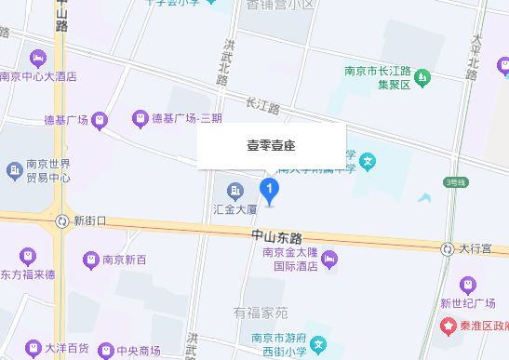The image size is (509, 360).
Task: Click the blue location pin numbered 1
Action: [270, 191]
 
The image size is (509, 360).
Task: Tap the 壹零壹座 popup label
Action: [270, 146]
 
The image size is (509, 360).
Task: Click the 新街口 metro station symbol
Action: [61, 220]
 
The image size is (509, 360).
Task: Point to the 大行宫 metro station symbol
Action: [447, 248]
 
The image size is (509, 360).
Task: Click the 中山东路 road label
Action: [277, 237]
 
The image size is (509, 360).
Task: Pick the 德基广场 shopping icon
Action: [100, 119]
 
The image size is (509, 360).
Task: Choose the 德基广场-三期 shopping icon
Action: [140, 118]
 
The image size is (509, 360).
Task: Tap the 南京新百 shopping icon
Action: [91, 259]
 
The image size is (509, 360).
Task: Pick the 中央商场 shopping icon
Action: [104, 351]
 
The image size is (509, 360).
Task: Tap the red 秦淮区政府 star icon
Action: [448, 327]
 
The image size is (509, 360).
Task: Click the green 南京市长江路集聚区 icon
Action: [421, 75]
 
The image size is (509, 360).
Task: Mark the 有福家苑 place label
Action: [261, 313]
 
